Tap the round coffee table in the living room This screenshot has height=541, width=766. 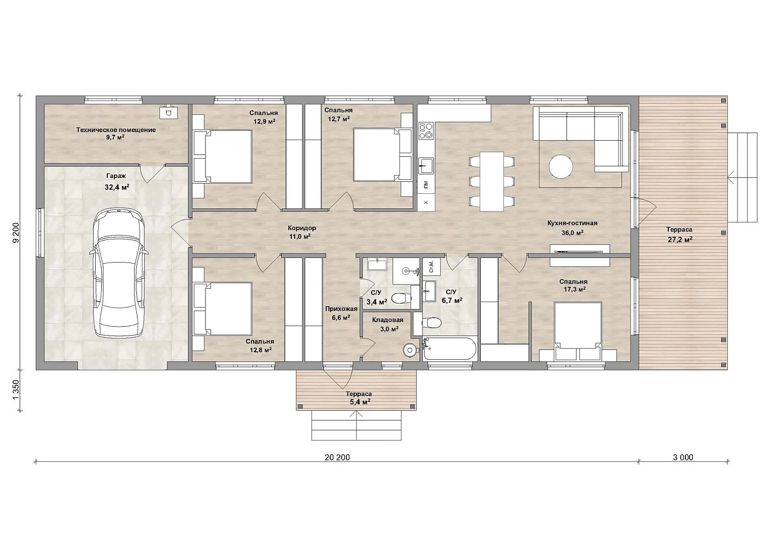(x=561, y=166)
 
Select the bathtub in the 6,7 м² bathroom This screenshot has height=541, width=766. (x=449, y=349)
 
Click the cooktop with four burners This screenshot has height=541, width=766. (x=426, y=131)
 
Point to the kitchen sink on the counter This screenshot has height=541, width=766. (x=426, y=166)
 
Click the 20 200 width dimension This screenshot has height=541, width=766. (x=337, y=457)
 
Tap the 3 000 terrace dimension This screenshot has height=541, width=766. (x=683, y=457)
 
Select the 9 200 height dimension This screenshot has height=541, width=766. (x=16, y=233)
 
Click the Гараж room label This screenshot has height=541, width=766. (x=116, y=176)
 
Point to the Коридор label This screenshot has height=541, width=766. (x=302, y=228)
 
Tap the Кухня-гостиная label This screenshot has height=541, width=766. (x=572, y=223)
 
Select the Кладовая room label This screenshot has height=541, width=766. (x=388, y=320)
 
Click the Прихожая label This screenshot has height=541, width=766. (x=341, y=309)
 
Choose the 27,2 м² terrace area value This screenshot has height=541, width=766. (x=680, y=239)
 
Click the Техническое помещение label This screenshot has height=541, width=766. (x=116, y=130)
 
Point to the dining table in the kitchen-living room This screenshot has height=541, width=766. (x=492, y=181)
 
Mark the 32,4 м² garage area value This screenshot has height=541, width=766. (x=117, y=187)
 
